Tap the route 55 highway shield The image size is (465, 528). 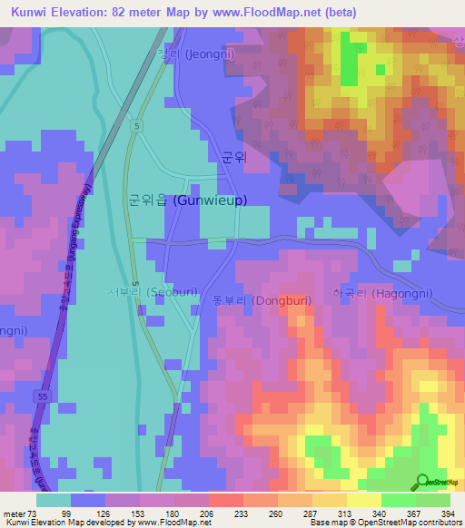coord(43,396)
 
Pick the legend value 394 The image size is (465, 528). coord(448,513)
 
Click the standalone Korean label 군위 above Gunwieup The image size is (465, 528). coord(234,156)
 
